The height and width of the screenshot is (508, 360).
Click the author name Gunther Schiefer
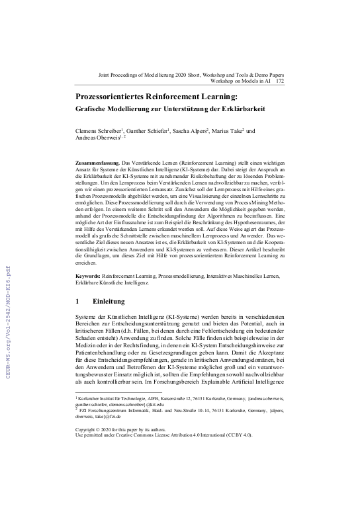(x=148, y=132)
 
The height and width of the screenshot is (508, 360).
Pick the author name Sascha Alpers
(x=193, y=132)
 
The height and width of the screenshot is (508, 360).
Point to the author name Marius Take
(x=232, y=132)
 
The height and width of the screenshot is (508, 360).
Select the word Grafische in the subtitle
(x=93, y=109)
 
